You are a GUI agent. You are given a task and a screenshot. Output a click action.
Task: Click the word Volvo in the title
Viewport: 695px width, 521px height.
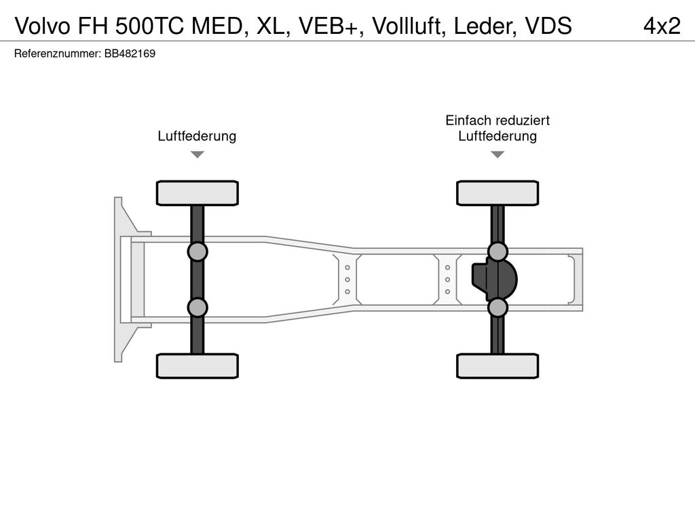[43, 26]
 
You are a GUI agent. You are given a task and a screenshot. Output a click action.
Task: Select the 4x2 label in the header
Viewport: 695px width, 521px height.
[662, 26]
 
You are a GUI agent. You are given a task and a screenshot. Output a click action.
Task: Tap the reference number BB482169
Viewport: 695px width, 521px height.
[130, 54]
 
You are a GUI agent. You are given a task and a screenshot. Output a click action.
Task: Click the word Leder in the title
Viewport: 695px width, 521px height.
[485, 26]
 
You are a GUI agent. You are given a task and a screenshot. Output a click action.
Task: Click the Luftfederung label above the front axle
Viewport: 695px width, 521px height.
[197, 136]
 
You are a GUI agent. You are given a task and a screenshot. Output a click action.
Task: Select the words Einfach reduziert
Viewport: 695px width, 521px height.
[497, 120]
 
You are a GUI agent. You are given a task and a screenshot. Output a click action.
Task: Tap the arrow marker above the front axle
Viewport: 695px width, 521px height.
[198, 155]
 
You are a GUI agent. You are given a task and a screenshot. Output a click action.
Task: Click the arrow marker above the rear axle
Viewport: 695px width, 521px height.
[497, 155]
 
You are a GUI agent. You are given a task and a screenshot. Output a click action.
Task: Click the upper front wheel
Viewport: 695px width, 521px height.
[198, 193]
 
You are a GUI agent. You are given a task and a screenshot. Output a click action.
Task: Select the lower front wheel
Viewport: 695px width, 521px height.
[198, 366]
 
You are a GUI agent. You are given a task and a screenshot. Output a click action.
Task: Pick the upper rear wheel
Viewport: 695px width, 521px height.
[497, 193]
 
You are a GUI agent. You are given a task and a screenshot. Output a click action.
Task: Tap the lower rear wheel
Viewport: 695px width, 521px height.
[497, 366]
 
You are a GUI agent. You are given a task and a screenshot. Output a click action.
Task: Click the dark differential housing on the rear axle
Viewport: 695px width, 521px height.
[495, 279]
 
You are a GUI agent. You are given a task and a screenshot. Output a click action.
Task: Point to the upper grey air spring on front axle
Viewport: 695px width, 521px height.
[198, 252]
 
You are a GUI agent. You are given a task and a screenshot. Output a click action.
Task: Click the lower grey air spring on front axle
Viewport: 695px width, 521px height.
[198, 307]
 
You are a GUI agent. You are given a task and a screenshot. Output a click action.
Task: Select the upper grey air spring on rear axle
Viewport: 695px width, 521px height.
[497, 252]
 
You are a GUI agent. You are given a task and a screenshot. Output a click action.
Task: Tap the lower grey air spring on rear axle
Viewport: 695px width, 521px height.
[497, 307]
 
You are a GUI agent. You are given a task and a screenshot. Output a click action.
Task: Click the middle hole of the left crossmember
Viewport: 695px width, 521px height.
[347, 279]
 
